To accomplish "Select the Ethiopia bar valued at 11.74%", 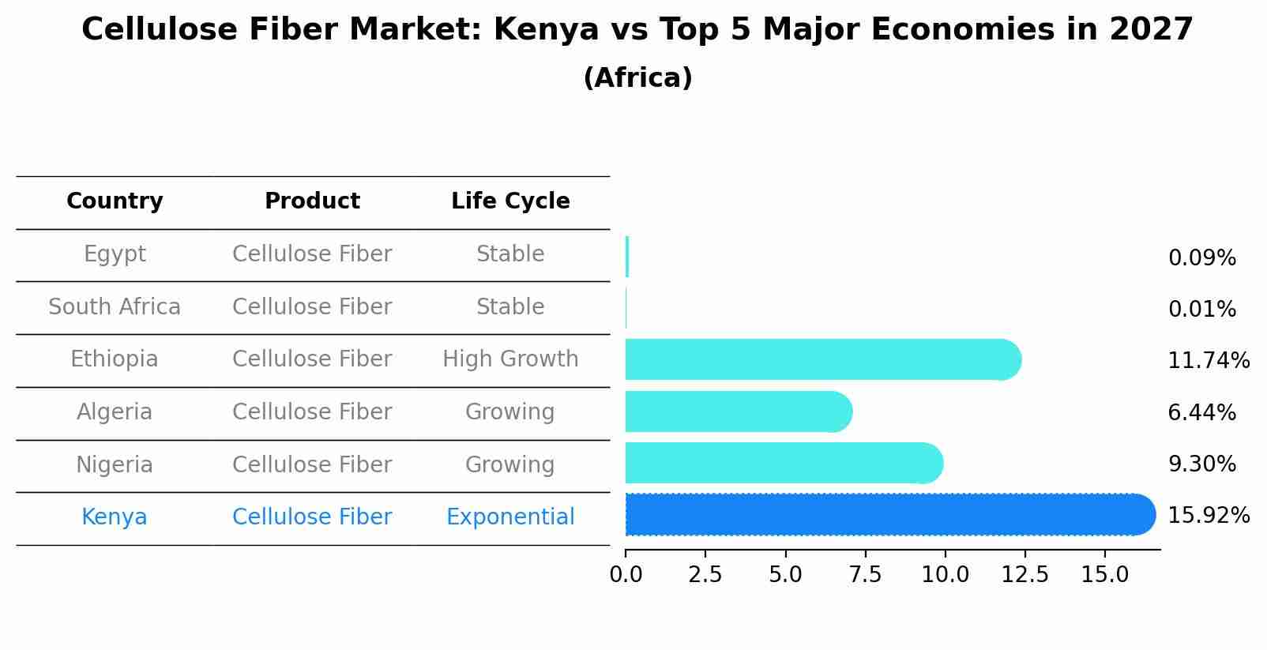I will tap(821, 360).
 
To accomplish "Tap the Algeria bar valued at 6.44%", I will tap(739, 411).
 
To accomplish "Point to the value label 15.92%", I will tap(1208, 516).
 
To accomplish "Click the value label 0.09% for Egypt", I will tap(1201, 258).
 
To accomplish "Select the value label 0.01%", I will tap(1201, 310).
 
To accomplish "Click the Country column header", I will tap(115, 201).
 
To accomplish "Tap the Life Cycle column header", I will tap(510, 201).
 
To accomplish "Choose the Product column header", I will tap(312, 201).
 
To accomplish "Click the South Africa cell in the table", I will tap(115, 307).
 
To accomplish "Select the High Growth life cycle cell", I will tap(510, 359).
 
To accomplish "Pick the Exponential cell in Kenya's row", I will tap(510, 517).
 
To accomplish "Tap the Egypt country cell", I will tap(115, 254).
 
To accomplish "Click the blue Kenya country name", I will tap(115, 517).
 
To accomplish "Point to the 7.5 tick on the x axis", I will tap(865, 575).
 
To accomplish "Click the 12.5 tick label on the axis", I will tap(1025, 575).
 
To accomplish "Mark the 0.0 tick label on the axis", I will tap(626, 575).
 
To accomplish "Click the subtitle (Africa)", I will tap(637, 78).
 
